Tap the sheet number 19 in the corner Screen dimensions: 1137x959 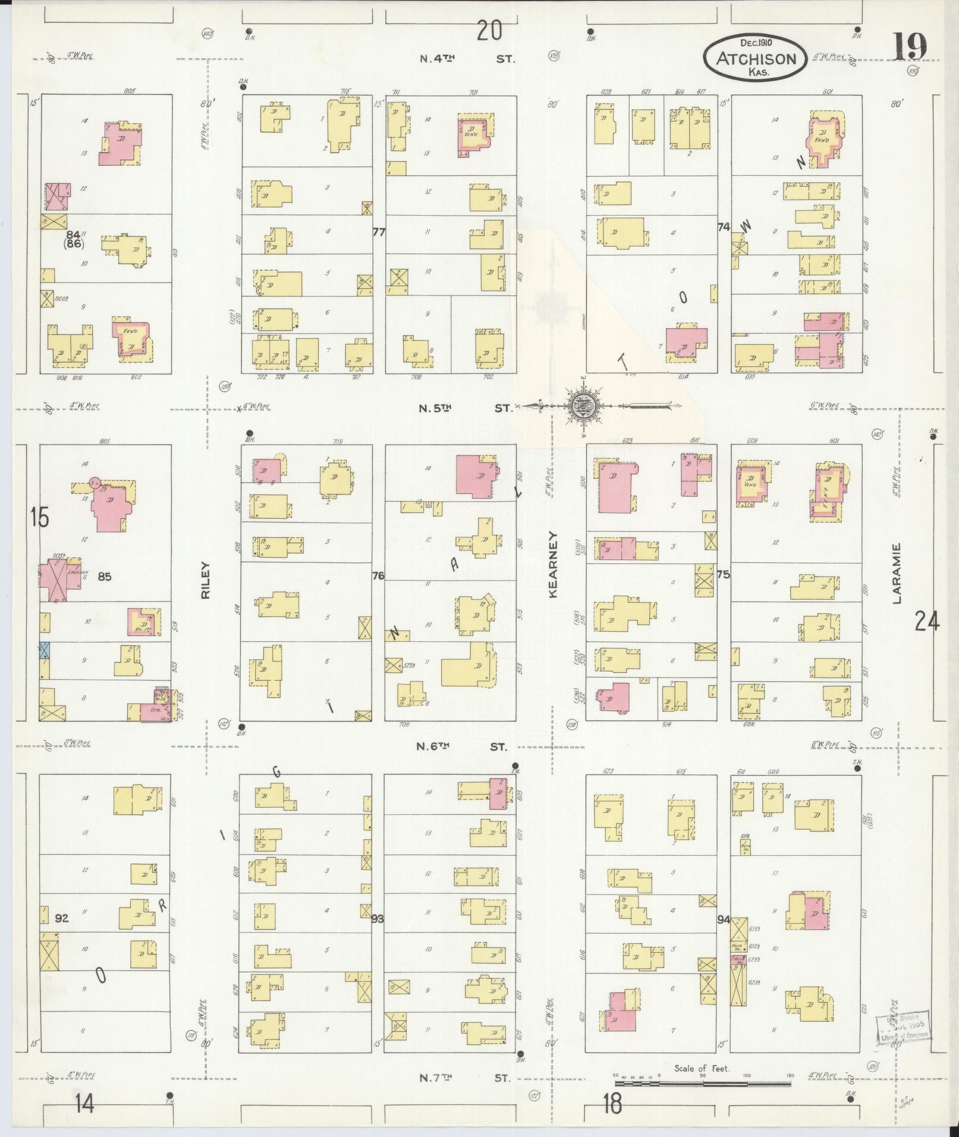tap(909, 47)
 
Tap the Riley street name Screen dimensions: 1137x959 tap(206, 580)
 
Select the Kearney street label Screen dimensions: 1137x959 tap(553, 565)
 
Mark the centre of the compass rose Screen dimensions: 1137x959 tap(581, 407)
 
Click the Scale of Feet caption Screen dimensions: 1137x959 tap(702, 1069)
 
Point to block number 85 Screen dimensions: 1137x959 tap(105, 576)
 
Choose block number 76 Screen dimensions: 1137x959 tap(378, 575)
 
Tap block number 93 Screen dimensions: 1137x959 tap(377, 919)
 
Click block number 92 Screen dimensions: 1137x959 tap(61, 918)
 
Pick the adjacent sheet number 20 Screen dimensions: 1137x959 tap(489, 30)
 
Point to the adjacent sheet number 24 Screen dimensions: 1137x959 tap(927, 622)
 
